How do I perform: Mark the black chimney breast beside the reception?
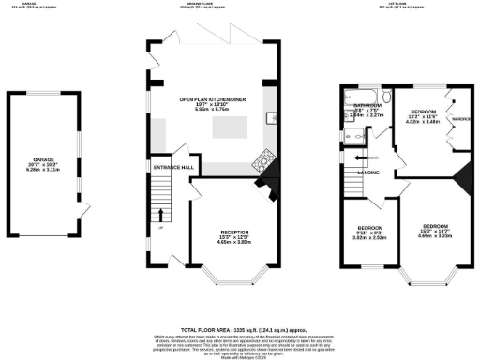pos(271,187)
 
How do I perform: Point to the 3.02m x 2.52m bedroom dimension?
pos(368,238)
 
